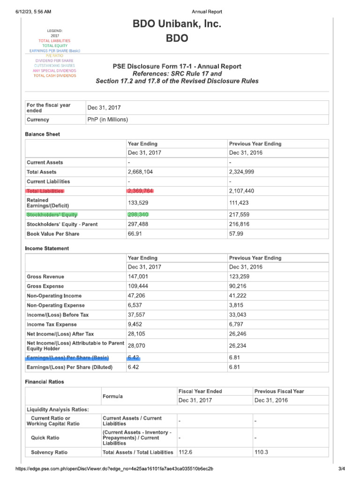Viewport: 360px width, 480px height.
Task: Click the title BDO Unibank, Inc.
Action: coord(177,23)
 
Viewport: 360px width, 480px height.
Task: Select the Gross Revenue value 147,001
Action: coord(138,277)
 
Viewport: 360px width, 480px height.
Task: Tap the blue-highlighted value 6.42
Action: coord(134,358)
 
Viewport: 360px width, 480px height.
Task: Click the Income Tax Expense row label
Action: coord(51,324)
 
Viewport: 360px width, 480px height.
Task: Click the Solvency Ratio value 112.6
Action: coord(186,452)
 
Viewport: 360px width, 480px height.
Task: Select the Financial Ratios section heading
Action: coord(45,382)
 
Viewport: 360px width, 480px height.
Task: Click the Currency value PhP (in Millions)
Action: coord(107,120)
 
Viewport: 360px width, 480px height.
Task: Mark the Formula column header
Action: coord(112,397)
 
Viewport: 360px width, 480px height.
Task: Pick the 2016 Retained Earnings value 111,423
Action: coord(240,203)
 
